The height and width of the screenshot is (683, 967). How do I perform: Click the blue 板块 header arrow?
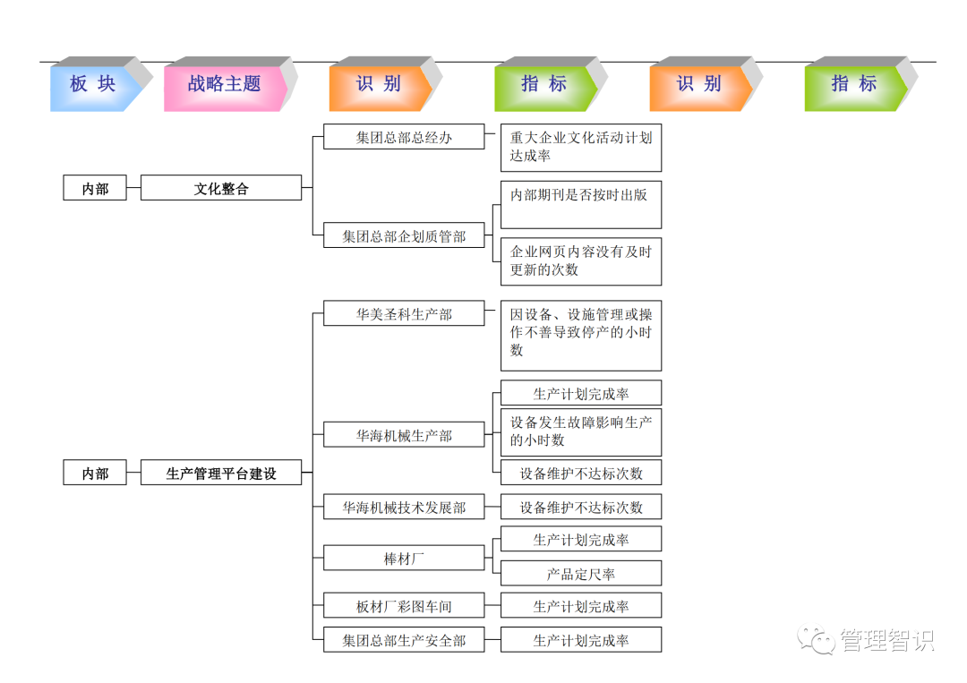pos(93,85)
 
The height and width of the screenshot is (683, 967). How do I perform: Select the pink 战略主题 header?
pos(224,85)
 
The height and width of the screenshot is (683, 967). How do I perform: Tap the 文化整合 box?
pos(221,188)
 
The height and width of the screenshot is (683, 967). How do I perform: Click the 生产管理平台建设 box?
pos(221,473)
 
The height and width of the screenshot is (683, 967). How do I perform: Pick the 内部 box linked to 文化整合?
pos(95,188)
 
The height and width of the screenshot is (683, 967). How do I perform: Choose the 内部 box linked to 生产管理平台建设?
pos(95,473)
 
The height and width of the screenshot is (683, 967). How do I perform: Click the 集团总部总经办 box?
pos(404,137)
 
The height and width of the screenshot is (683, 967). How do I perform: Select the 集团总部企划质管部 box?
pos(404,236)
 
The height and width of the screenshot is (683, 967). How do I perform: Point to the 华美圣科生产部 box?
pos(404,313)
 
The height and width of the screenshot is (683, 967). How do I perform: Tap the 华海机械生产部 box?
pos(404,435)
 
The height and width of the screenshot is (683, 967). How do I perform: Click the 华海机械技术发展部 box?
pos(404,507)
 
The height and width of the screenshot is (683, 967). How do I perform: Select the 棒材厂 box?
pos(404,559)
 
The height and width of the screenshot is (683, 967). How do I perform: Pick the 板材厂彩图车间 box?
pos(404,606)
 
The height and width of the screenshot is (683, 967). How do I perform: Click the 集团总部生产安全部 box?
pos(404,640)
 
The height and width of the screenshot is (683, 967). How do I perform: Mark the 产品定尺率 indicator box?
pos(581,574)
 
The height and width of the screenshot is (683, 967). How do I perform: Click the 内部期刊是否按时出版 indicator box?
pos(581,204)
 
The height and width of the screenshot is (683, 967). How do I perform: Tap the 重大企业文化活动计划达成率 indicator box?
pos(581,147)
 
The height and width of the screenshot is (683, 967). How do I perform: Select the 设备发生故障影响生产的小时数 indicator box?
pos(581,431)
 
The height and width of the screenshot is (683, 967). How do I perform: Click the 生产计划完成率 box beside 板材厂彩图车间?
pos(581,606)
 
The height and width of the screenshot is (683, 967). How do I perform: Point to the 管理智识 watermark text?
pos(886,640)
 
